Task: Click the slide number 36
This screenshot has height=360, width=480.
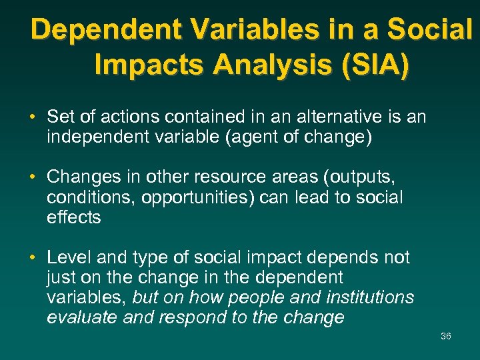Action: (x=445, y=336)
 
